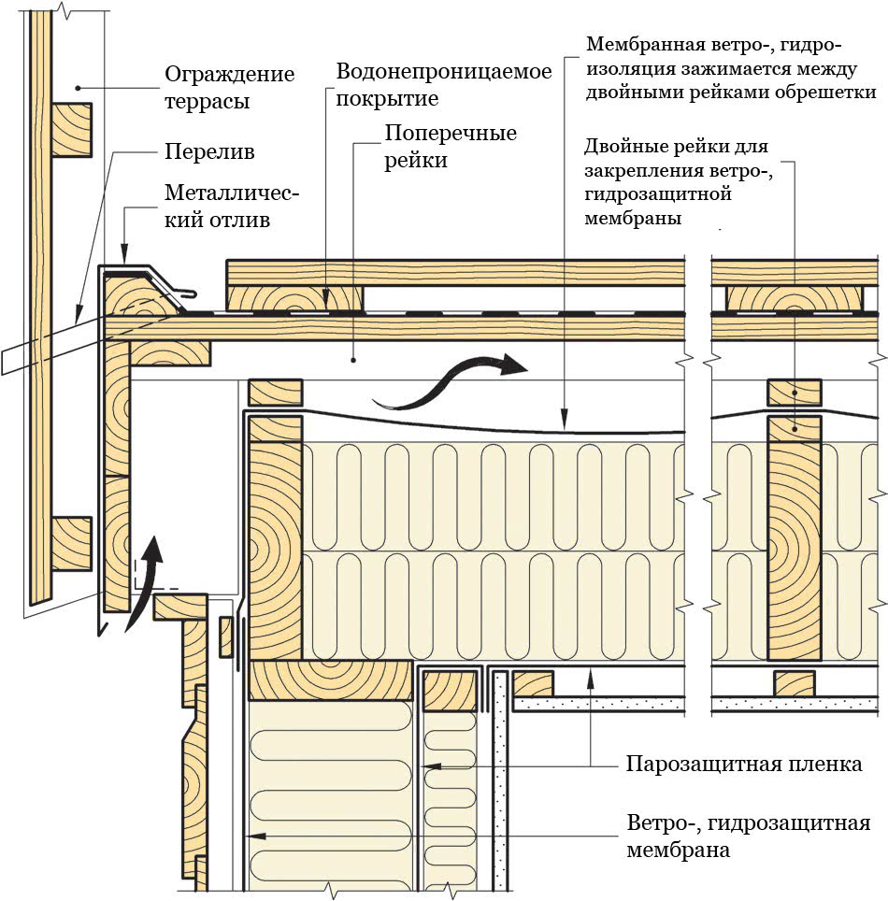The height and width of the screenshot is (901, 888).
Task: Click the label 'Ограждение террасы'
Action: tap(228, 87)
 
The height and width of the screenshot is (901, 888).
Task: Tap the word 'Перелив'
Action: tap(208, 150)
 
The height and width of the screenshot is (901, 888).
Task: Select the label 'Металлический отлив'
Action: tap(231, 207)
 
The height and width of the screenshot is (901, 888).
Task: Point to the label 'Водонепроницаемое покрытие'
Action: tap(444, 84)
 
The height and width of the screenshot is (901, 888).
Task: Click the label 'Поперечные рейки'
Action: tap(451, 147)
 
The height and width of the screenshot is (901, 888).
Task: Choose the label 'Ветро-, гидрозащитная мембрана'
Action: tap(747, 837)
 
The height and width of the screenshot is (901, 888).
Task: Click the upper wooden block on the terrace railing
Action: tap(72, 130)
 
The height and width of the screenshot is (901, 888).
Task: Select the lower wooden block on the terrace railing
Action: tap(72, 543)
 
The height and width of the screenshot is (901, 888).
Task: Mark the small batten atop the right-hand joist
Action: tap(794, 393)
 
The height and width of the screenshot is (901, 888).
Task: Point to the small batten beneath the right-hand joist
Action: tap(794, 683)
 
